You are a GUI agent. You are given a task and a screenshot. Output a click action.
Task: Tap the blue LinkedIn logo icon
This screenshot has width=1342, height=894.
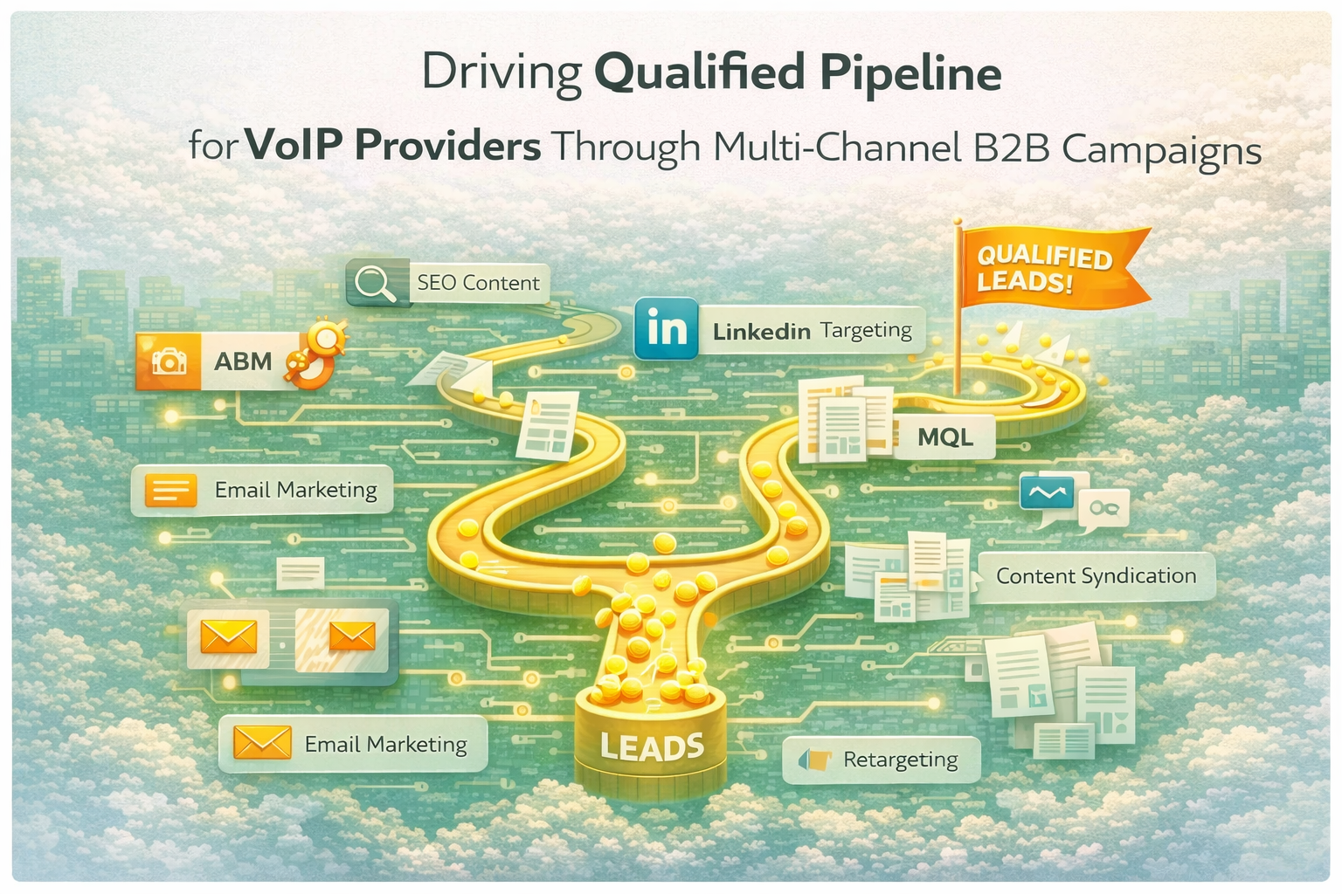coord(667,329)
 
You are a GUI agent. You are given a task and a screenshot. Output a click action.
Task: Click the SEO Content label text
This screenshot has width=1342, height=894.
coord(478,283)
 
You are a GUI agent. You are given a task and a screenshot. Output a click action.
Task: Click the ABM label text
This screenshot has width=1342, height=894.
coord(243,361)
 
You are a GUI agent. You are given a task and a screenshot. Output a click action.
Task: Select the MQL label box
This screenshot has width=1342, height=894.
coord(944,436)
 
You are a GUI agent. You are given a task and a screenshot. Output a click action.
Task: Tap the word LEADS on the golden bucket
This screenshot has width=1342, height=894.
coord(652,746)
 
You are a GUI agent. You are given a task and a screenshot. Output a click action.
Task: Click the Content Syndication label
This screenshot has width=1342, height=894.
coord(1096,576)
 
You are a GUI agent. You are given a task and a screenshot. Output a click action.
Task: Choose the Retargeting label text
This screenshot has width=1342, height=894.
coord(900,760)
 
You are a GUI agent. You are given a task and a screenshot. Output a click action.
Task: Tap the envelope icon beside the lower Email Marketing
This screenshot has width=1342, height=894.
coord(262,744)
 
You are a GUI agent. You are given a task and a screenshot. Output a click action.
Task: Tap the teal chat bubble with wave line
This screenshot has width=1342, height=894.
coord(1046,492)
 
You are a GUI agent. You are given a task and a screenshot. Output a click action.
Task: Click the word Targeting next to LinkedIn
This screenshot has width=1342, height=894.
coord(865,330)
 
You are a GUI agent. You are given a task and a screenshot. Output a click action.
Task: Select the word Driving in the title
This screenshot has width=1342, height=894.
coord(501,73)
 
